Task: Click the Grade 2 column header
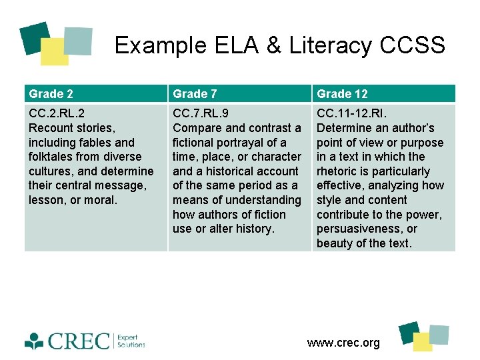46,94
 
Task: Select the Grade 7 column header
195,94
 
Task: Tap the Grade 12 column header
342,94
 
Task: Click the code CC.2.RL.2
57,113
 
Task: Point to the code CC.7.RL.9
202,113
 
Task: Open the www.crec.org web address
343,343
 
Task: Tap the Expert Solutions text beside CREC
131,341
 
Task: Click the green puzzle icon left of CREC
35,341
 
